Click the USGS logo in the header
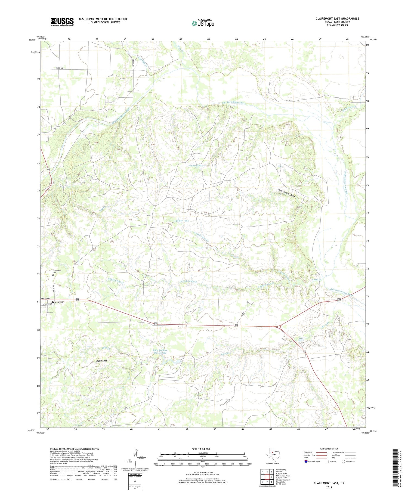(x=62, y=22)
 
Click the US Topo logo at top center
(x=203, y=23)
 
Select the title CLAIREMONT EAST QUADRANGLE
(x=337, y=18)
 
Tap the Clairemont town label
(x=57, y=302)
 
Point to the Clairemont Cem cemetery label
(x=57, y=272)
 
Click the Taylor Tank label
(x=182, y=221)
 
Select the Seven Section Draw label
(x=286, y=193)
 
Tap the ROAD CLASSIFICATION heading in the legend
(x=329, y=449)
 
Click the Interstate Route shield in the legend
(x=306, y=461)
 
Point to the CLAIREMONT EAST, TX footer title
(x=329, y=483)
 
